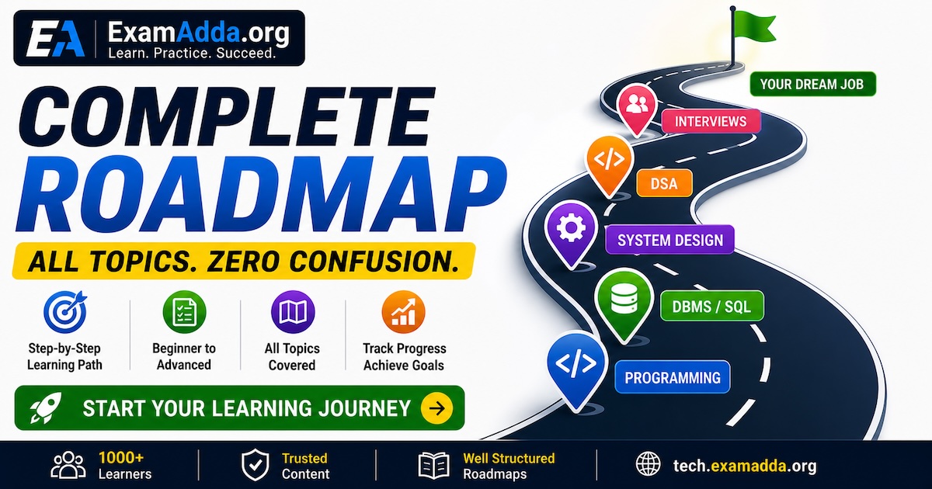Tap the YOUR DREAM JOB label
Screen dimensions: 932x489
tap(812, 84)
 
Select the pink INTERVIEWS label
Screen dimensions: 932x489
tap(711, 121)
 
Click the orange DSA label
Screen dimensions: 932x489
tap(664, 183)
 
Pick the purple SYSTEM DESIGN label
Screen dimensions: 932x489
tap(669, 240)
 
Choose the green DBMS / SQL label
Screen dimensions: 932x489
tap(712, 307)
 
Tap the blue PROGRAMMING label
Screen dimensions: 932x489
tap(673, 377)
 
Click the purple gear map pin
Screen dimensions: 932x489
tap(571, 232)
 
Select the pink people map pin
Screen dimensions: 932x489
tap(636, 109)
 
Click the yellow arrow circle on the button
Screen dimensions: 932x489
tap(436, 408)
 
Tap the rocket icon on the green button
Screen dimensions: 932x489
tap(46, 408)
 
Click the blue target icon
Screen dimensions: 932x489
tap(65, 312)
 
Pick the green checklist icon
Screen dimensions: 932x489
tap(184, 312)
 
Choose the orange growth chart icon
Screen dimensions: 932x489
tap(404, 312)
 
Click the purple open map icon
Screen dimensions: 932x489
tap(293, 312)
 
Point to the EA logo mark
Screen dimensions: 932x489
tap(55, 38)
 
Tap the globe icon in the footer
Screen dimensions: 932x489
tap(649, 465)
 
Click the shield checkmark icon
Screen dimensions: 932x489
tap(255, 465)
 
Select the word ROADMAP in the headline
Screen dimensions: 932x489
tap(261, 194)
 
